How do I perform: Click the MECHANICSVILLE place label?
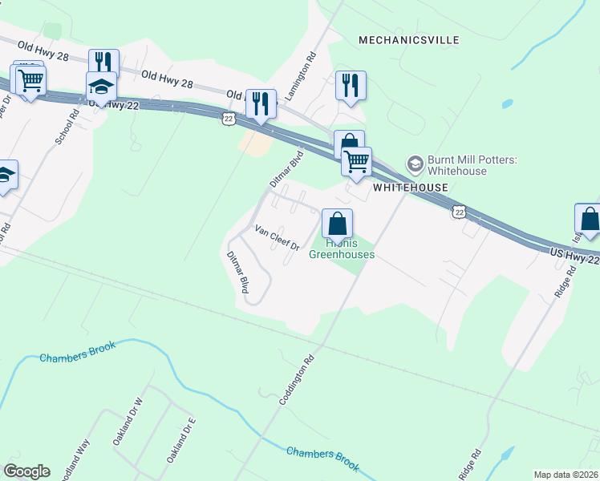408,39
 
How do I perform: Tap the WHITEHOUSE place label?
410,187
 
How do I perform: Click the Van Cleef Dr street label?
277,237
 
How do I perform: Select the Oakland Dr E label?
181,440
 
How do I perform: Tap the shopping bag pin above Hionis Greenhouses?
338,223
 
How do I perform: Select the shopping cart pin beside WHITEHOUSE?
356,160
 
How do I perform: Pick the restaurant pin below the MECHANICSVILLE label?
351,85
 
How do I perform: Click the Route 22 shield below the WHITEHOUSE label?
458,211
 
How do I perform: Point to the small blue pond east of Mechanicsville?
507,104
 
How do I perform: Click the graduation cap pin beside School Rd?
102,86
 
